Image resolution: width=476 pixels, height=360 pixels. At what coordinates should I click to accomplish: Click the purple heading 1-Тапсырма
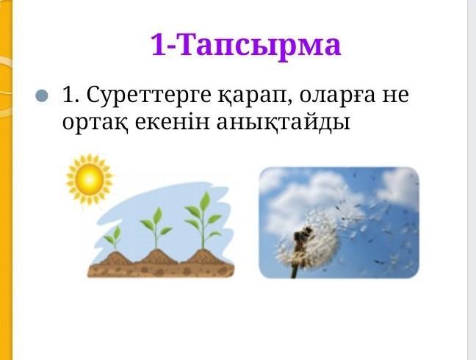coord(246,46)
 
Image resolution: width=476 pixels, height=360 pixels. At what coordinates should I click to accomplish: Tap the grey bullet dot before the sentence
coord(42,96)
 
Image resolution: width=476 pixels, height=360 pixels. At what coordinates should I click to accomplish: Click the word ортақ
coord(95,123)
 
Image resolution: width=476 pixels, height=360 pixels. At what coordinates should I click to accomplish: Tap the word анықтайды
coord(284,123)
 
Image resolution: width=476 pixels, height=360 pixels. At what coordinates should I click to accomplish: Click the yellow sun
coord(90,179)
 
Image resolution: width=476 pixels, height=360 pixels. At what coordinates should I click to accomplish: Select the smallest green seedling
coord(114,238)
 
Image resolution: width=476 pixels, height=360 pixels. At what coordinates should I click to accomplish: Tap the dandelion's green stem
coord(295,271)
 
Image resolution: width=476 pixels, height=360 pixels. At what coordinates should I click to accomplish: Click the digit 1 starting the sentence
coord(68,96)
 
